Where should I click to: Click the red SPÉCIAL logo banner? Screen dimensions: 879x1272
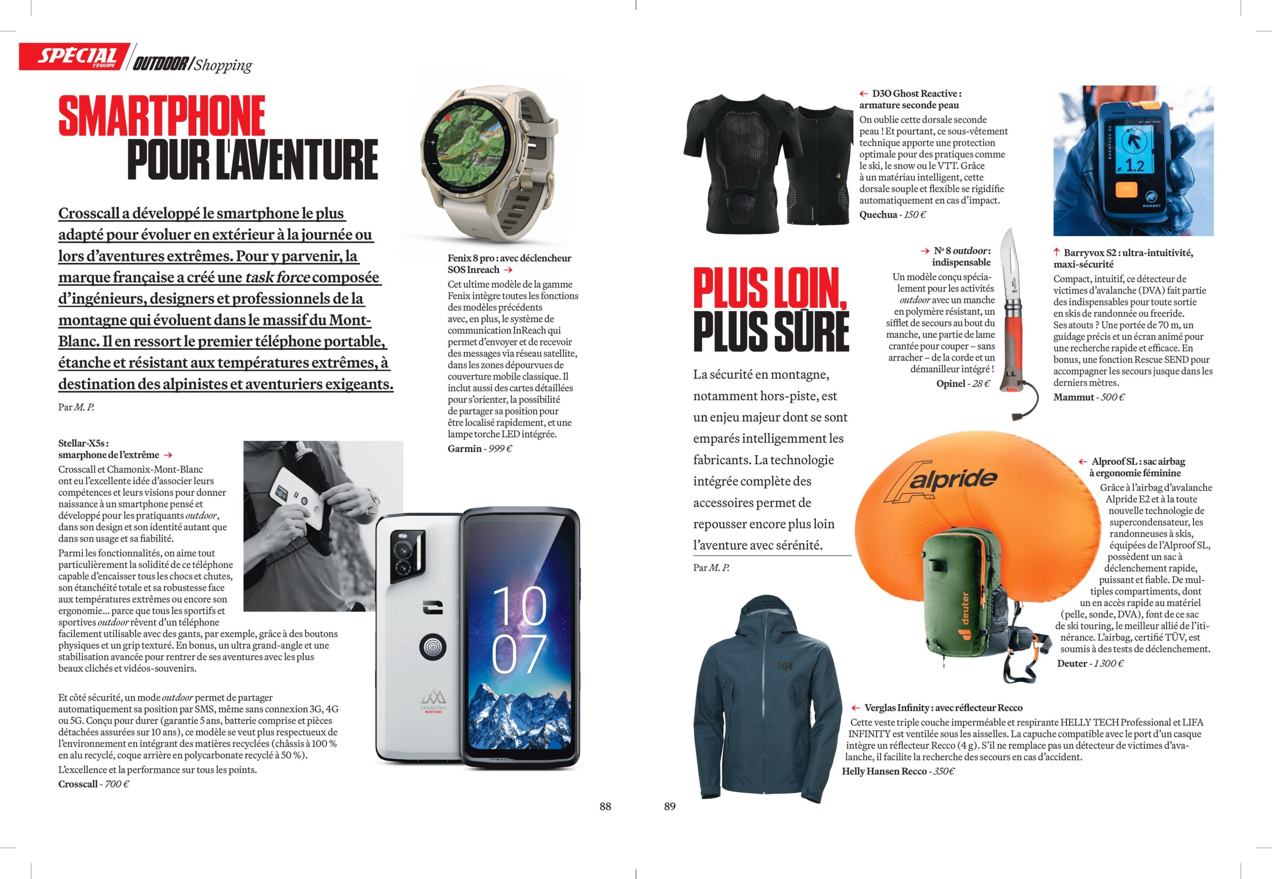pos(76,57)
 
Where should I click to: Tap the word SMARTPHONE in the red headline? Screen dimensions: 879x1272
pos(162,116)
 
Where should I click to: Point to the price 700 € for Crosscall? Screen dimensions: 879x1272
pos(117,784)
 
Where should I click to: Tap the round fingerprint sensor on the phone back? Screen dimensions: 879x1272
pos(432,646)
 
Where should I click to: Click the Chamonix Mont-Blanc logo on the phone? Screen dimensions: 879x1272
pos(433,702)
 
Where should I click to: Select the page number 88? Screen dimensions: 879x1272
pos(605,807)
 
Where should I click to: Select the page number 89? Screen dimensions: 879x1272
pos(670,807)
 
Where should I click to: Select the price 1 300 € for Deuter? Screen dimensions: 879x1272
pos(1109,664)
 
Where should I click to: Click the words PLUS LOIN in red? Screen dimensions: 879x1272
pos(769,289)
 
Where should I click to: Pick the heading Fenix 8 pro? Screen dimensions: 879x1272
pos(463,258)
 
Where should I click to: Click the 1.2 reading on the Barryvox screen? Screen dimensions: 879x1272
pos(1134,165)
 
